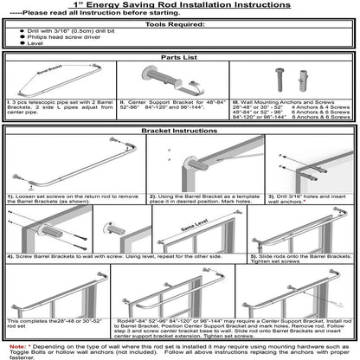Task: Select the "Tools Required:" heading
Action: coord(179,25)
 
